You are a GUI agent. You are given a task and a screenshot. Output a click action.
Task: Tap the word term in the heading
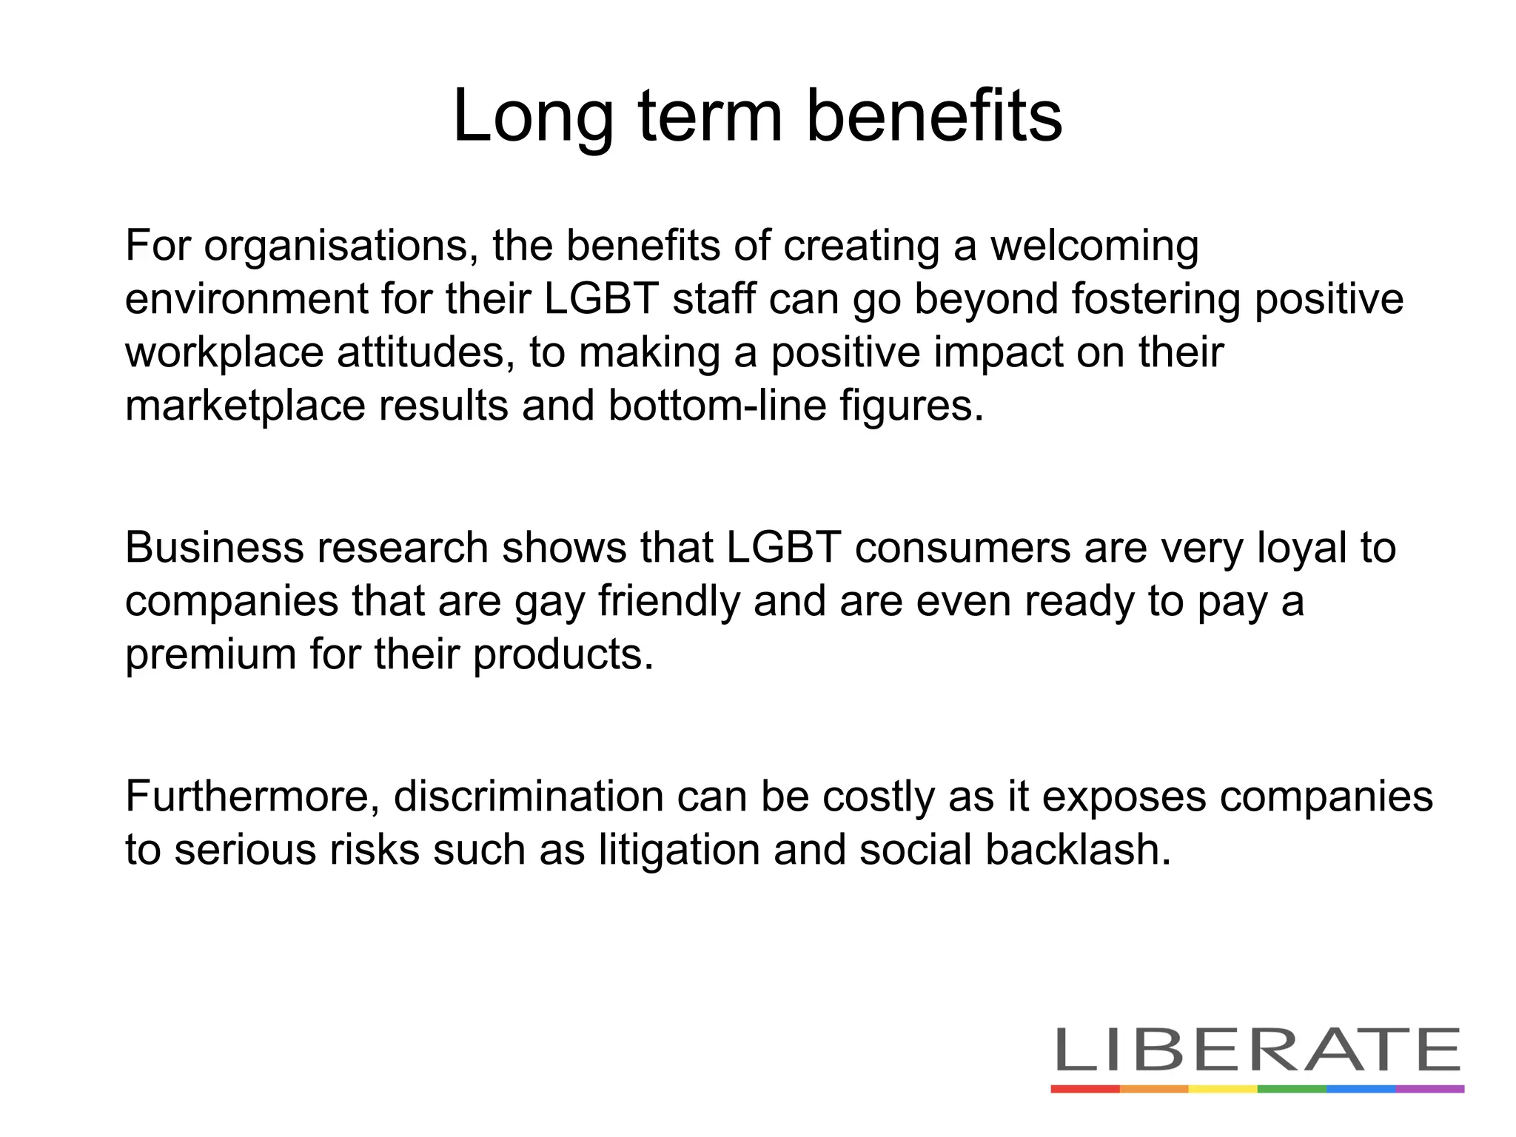[710, 117]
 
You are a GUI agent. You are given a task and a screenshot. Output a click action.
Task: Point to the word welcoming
[1094, 247]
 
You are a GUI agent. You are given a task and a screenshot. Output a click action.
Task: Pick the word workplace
[224, 353]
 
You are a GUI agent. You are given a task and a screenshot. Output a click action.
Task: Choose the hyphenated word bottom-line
[717, 406]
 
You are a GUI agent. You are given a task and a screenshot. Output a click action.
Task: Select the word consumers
[963, 549]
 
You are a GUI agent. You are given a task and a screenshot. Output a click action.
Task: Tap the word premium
[210, 655]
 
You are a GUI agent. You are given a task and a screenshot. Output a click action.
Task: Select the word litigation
[680, 851]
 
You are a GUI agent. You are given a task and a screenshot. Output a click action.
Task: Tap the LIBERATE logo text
[1257, 1049]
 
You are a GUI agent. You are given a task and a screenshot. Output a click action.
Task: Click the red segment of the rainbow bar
[1085, 1089]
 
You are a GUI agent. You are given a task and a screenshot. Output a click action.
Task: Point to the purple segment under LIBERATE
[1430, 1089]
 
